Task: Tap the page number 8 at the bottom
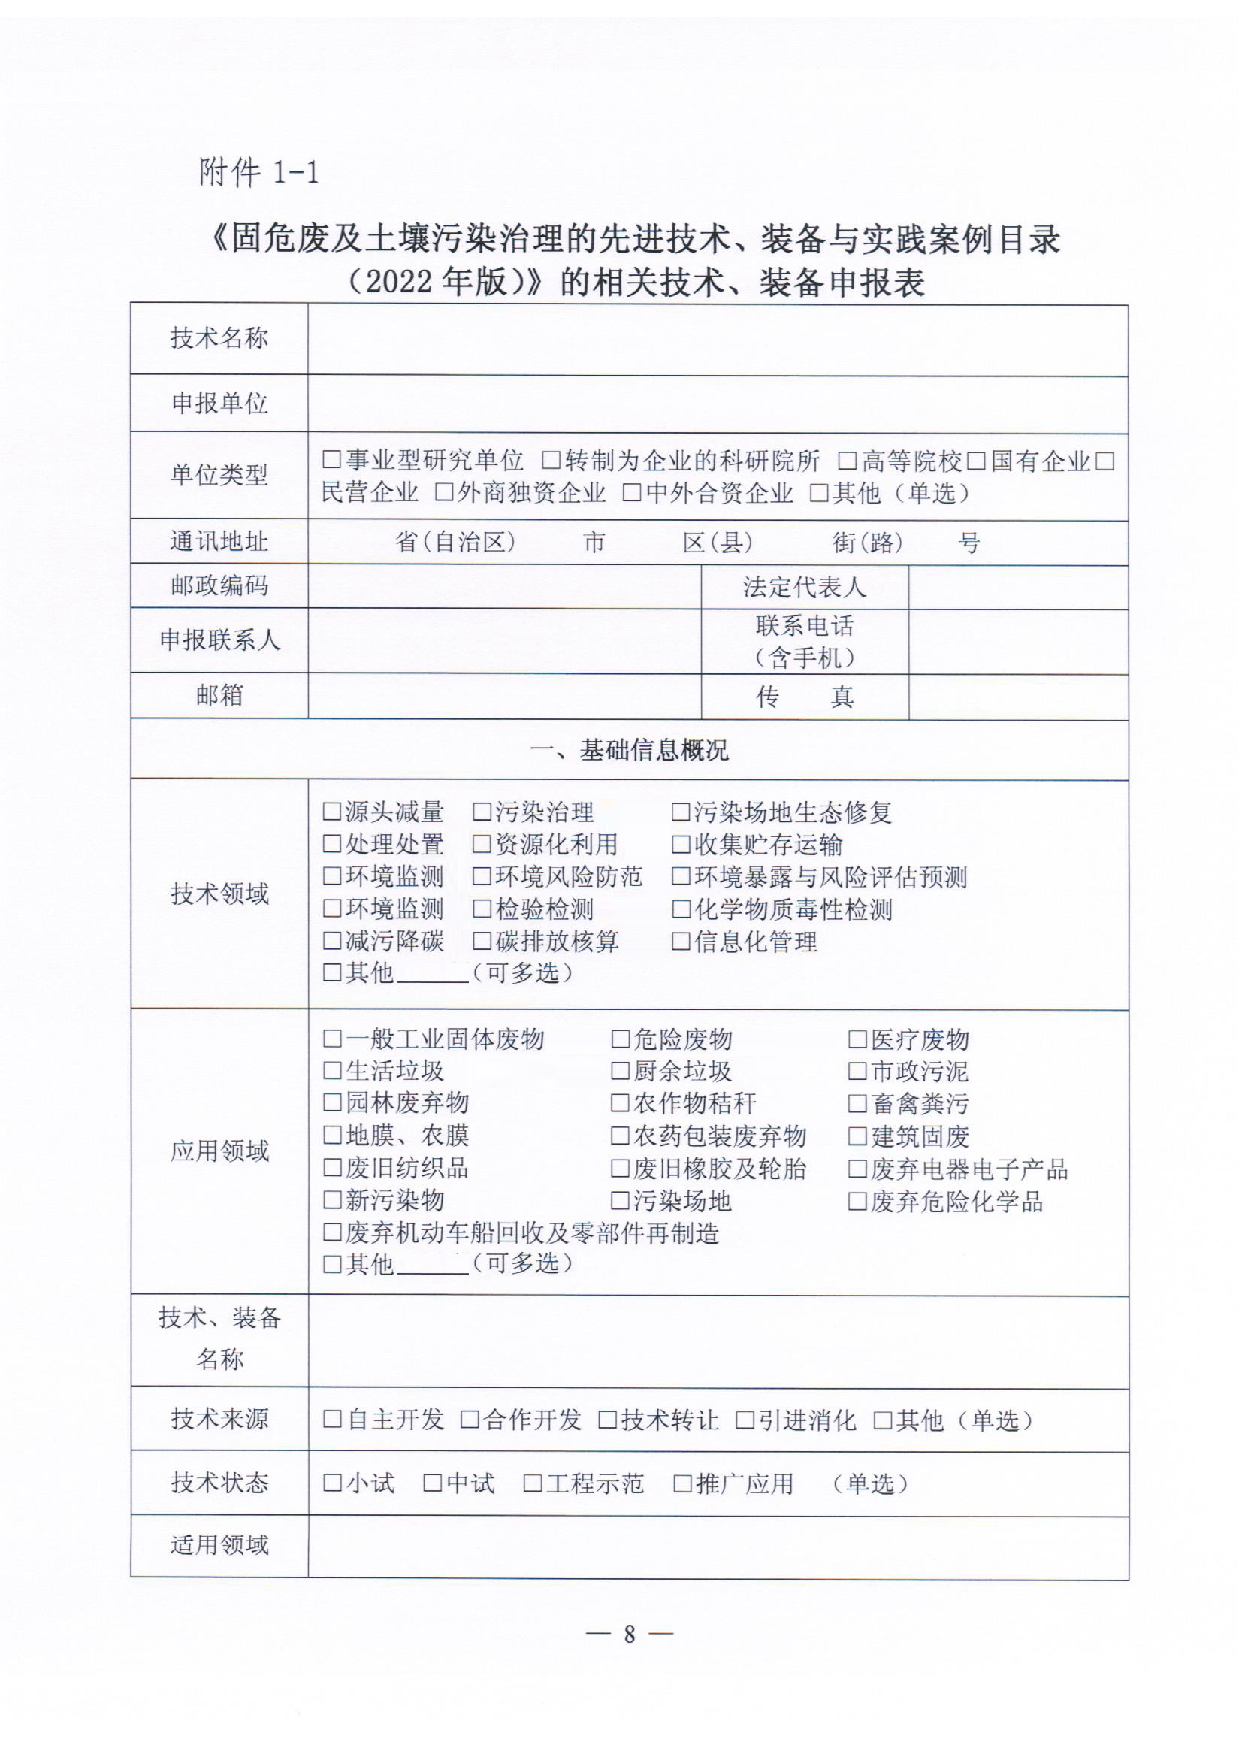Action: click(x=629, y=1634)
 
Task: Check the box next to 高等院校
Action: click(x=847, y=461)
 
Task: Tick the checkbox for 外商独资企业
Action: click(x=444, y=493)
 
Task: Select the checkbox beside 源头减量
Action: click(x=331, y=811)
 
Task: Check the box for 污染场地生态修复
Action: click(x=680, y=811)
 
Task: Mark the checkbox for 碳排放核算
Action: click(x=482, y=940)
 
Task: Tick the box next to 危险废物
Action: click(x=620, y=1039)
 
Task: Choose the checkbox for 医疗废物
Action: click(x=857, y=1039)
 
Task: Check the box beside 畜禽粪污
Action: click(x=857, y=1103)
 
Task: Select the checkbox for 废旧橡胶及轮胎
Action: click(x=620, y=1168)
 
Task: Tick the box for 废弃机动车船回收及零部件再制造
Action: click(x=331, y=1232)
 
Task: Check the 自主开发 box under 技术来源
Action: click(x=331, y=1420)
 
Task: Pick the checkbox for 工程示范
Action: click(x=532, y=1483)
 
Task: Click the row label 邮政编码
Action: click(x=219, y=585)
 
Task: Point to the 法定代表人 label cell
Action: click(x=804, y=587)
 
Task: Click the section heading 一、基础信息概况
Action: click(x=629, y=750)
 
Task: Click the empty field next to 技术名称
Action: click(x=717, y=339)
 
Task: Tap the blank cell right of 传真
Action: click(x=1018, y=697)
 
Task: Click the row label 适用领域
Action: click(x=219, y=1545)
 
